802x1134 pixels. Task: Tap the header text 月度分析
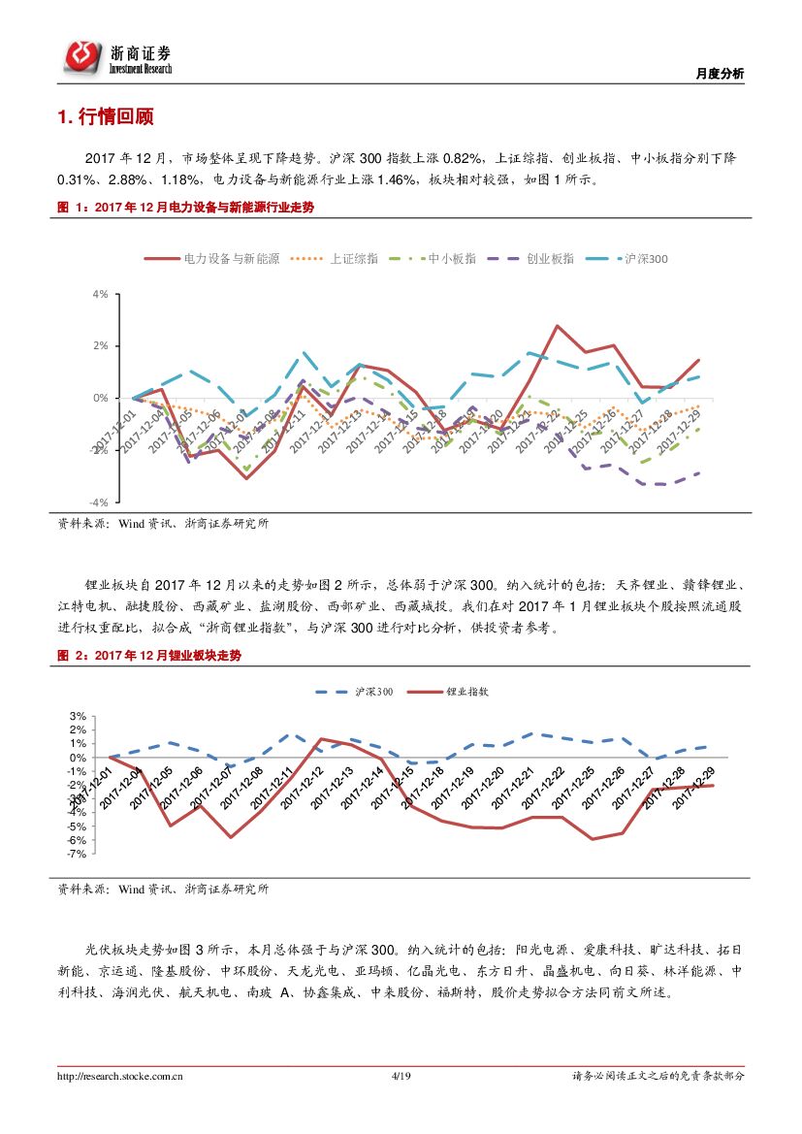coord(721,74)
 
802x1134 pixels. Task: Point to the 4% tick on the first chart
coord(100,293)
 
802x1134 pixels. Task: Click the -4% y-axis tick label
coord(99,502)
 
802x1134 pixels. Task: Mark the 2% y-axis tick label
coord(100,345)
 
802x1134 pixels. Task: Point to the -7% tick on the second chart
coord(77,854)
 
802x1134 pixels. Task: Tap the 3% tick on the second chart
coord(79,716)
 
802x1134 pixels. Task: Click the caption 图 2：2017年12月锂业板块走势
coord(149,656)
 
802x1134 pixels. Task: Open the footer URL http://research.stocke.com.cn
coord(121,1076)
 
